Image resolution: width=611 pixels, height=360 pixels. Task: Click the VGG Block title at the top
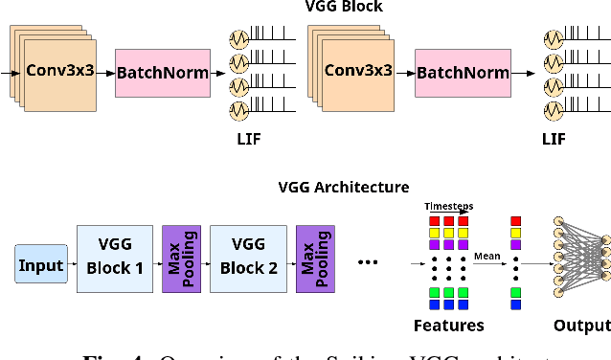(343, 8)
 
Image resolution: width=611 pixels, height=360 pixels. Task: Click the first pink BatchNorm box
(163, 73)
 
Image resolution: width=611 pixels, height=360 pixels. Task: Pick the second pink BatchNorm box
(463, 72)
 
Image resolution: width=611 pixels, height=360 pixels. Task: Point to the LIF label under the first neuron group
(248, 140)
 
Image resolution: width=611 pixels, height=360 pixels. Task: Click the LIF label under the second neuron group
(554, 140)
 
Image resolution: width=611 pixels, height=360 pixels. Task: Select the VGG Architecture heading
(343, 188)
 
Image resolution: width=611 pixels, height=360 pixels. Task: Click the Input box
(41, 265)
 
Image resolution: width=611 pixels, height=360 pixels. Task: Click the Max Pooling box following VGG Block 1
(180, 257)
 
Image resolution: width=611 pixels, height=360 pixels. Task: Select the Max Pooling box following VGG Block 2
(314, 257)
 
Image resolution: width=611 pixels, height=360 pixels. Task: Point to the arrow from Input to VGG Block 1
(71, 265)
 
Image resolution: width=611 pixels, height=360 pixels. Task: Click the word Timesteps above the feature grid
(448, 205)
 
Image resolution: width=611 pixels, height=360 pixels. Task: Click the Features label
(449, 326)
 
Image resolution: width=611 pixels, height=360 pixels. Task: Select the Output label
(580, 326)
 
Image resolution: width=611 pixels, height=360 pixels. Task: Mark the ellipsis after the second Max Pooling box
(368, 260)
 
